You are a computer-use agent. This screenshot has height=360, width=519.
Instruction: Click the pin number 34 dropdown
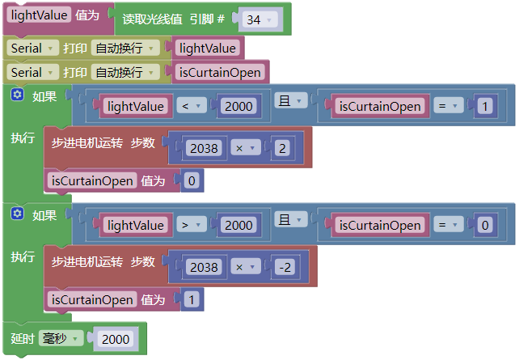(x=260, y=19)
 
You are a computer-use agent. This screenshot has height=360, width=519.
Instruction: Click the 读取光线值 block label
(x=152, y=19)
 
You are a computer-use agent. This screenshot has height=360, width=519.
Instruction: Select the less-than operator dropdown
(x=192, y=106)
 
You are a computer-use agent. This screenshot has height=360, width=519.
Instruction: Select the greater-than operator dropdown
(x=192, y=225)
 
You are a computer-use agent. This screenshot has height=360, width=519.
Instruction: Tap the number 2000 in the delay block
(x=116, y=339)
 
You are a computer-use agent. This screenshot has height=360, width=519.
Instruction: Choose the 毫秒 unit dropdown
(x=61, y=338)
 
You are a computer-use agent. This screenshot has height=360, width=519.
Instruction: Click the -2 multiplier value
(x=285, y=267)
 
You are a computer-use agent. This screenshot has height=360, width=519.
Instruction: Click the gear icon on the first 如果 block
(x=17, y=95)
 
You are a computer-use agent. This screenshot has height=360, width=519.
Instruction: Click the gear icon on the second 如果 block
(x=17, y=214)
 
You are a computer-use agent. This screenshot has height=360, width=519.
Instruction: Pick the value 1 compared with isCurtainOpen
(x=485, y=106)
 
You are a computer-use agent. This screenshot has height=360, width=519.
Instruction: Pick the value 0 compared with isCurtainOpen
(x=485, y=225)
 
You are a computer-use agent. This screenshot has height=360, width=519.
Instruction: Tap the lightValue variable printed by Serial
(x=208, y=48)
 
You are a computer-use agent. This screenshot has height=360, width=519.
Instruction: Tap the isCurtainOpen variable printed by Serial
(x=220, y=72)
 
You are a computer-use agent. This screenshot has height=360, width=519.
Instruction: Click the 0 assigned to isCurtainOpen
(x=192, y=181)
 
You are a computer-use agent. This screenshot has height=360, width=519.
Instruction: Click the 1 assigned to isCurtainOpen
(x=192, y=299)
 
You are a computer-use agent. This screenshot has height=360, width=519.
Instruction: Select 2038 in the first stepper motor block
(x=204, y=148)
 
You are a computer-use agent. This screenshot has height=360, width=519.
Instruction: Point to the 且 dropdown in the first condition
(x=291, y=100)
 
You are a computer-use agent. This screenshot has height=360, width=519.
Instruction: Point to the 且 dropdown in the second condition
(x=291, y=219)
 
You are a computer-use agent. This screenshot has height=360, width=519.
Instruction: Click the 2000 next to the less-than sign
(x=238, y=106)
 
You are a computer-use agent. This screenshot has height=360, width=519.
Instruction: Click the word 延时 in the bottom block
(x=23, y=338)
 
